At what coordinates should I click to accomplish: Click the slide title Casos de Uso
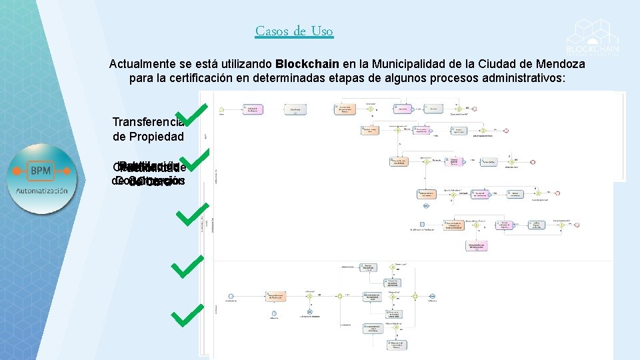(294, 31)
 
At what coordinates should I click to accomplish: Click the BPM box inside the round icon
(41, 171)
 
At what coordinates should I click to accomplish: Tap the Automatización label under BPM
(41, 191)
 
